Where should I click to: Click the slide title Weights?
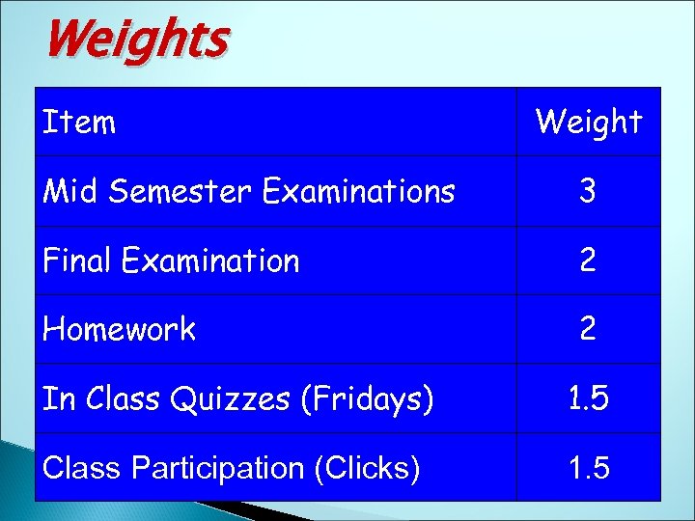click(136, 41)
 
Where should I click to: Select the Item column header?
click(79, 123)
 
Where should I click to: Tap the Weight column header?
click(588, 123)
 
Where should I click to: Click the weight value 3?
click(588, 192)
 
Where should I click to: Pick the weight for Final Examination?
click(588, 260)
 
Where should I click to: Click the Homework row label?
click(119, 330)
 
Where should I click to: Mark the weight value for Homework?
click(588, 330)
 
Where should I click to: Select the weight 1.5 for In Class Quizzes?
click(588, 398)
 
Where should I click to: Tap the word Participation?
click(218, 468)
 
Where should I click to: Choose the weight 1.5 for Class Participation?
click(588, 468)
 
